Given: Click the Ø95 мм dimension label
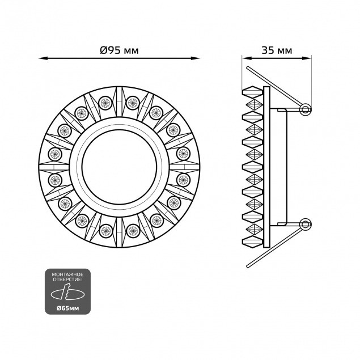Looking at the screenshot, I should pos(119,50).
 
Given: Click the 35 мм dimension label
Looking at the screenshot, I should pos(277,50).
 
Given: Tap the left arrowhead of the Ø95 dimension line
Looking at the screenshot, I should pos(43,58).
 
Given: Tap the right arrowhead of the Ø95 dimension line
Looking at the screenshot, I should pos(198,58).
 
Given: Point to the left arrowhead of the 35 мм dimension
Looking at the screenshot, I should pos(245,58).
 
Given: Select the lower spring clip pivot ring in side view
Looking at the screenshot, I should pos(306,224).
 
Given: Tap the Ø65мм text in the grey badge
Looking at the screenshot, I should pos(67,306).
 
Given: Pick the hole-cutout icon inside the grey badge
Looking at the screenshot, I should pos(67,293).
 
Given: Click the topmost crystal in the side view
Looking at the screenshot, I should pos(252,91).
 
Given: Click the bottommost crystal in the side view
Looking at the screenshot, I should pos(252,244).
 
